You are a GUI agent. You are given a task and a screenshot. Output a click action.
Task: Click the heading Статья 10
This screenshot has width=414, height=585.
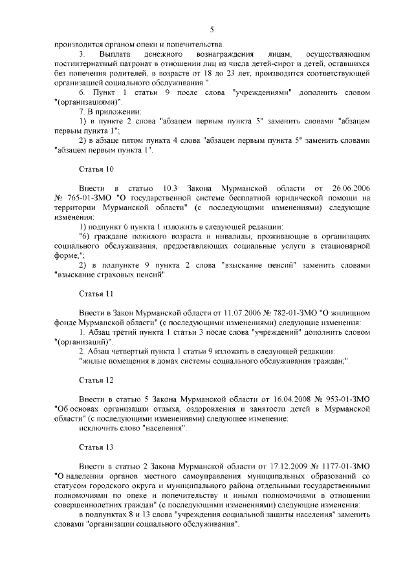pos(96,169)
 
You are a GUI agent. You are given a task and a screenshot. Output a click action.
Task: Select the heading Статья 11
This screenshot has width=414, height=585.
pos(96,293)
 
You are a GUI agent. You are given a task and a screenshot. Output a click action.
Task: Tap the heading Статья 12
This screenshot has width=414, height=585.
pos(96,379)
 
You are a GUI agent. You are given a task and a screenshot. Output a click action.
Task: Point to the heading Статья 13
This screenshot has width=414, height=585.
pos(96,447)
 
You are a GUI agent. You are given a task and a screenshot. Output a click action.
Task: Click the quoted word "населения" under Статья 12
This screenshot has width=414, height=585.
pos(160,429)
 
